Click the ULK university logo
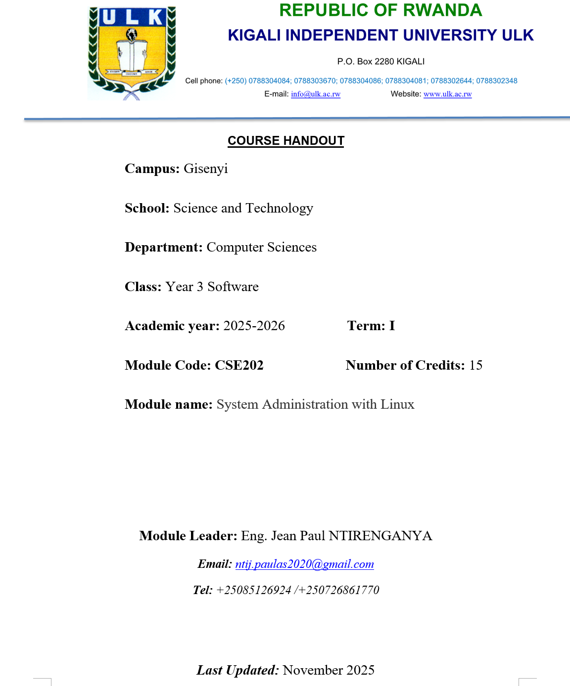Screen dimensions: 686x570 pyautogui.click(x=132, y=52)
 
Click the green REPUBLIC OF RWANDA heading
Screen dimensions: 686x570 pyautogui.click(x=380, y=10)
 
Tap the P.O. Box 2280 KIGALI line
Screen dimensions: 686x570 pyautogui.click(x=380, y=62)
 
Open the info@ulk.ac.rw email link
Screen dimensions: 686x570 pyautogui.click(x=316, y=94)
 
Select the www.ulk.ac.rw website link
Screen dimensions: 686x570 pyautogui.click(x=447, y=94)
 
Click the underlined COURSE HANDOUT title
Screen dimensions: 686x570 pyautogui.click(x=285, y=141)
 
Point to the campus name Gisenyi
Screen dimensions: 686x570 pyautogui.click(x=205, y=169)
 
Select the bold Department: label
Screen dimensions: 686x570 pyautogui.click(x=164, y=247)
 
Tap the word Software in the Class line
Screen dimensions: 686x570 pyautogui.click(x=233, y=287)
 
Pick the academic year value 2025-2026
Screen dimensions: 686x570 pyautogui.click(x=254, y=326)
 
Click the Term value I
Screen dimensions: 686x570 pyautogui.click(x=392, y=326)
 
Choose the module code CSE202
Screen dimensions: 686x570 pyautogui.click(x=239, y=365)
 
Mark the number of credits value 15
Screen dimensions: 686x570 pyautogui.click(x=475, y=365)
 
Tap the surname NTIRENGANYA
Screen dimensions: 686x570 pyautogui.click(x=380, y=536)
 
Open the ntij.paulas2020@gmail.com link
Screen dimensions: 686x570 pyautogui.click(x=304, y=564)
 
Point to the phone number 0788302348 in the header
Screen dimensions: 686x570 pyautogui.click(x=496, y=81)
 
